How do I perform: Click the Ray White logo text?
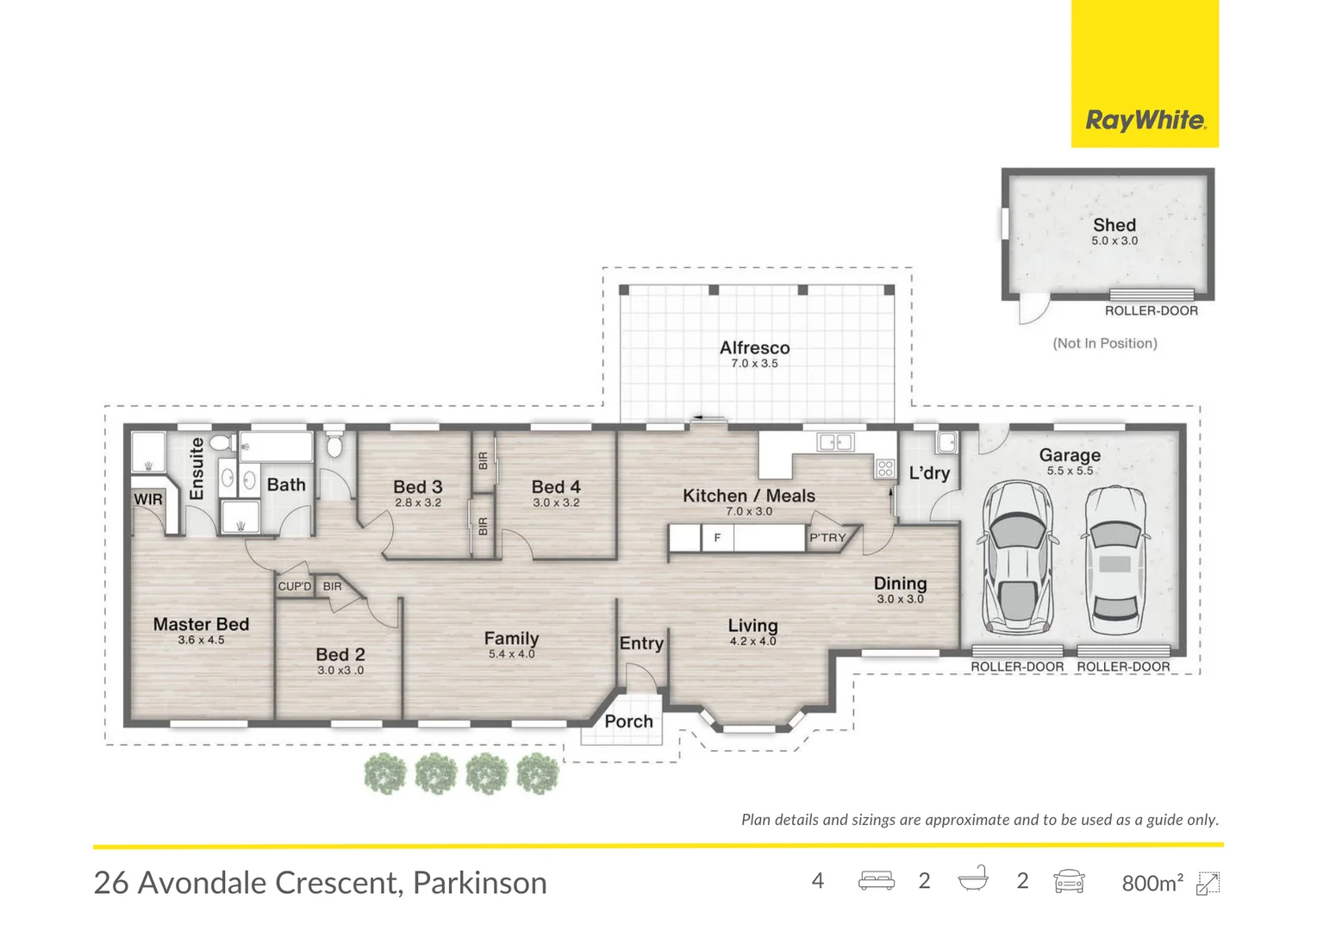1145,120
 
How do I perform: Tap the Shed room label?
1114,225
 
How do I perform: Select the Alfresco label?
754,347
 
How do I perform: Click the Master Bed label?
201,624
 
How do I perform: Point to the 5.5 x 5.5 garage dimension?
1070,471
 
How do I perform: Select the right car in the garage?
1114,561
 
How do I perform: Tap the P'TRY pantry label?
827,538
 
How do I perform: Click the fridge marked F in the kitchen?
717,538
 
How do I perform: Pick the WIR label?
148,499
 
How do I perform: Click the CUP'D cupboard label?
294,586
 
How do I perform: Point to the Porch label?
628,721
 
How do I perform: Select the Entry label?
641,643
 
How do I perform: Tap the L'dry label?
929,472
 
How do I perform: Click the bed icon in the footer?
876,881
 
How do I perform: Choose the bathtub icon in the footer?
973,879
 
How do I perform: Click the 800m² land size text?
1152,883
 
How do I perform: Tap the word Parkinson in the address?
479,883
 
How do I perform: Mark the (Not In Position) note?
1104,343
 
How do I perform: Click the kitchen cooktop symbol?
885,469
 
